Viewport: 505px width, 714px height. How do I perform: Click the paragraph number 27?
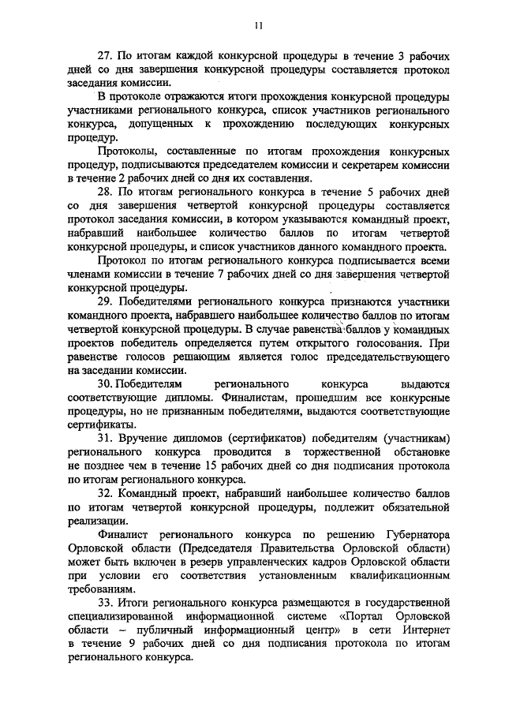(105, 58)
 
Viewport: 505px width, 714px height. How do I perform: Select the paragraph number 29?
(105, 301)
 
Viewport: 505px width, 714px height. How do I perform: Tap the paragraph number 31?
(105, 437)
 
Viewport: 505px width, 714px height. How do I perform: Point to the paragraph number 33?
(105, 604)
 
